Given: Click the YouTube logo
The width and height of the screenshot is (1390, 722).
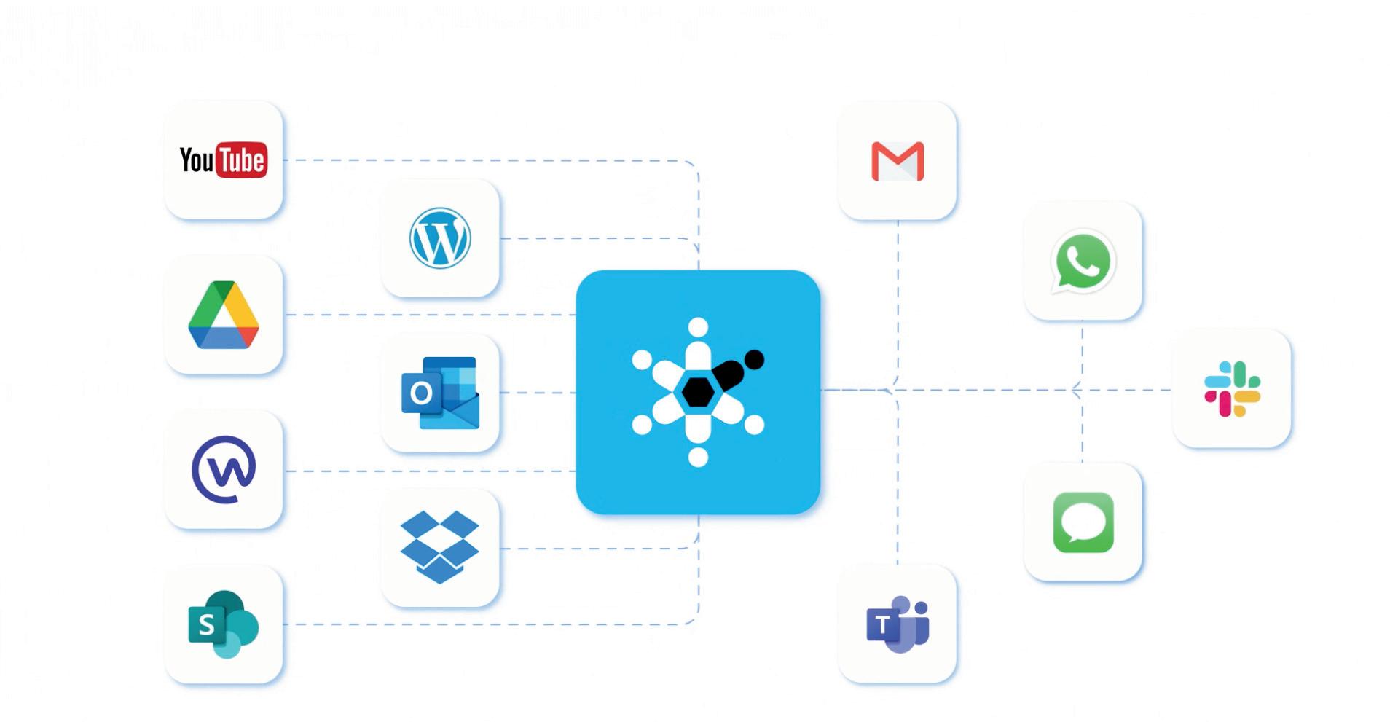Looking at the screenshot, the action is tap(223, 160).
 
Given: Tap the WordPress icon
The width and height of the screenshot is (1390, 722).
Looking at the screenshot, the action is tap(439, 238).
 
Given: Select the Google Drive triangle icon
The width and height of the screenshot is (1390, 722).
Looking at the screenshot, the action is tap(223, 315).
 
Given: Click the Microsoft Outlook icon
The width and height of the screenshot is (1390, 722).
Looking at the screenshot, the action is tap(440, 393).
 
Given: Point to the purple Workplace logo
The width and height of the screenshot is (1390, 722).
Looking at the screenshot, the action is tap(224, 469).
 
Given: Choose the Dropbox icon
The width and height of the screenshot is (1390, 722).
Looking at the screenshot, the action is tap(439, 546).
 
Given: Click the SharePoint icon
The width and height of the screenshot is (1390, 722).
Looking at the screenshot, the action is tap(223, 624).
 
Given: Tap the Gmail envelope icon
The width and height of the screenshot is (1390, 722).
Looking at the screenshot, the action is tap(897, 161).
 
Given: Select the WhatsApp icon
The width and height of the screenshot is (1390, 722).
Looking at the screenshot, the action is tap(1083, 261).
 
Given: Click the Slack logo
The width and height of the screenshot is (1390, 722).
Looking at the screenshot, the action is tap(1232, 389).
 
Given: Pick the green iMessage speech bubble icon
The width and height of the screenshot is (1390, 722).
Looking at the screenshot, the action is tap(1083, 522).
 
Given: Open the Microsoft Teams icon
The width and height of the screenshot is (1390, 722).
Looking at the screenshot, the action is tap(897, 624).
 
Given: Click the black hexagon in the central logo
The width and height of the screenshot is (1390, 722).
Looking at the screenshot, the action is tap(698, 392).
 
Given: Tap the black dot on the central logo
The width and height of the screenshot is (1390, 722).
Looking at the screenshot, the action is tap(754, 359).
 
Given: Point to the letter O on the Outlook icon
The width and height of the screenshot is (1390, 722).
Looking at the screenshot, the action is tap(421, 393).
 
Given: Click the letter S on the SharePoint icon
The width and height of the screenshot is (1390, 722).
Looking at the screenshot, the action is tap(206, 625).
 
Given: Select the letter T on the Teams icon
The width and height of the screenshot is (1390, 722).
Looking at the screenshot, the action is tap(882, 625).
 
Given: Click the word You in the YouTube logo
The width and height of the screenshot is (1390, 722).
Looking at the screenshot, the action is tap(196, 160).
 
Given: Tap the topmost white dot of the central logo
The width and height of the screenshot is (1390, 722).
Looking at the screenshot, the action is tap(698, 327).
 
